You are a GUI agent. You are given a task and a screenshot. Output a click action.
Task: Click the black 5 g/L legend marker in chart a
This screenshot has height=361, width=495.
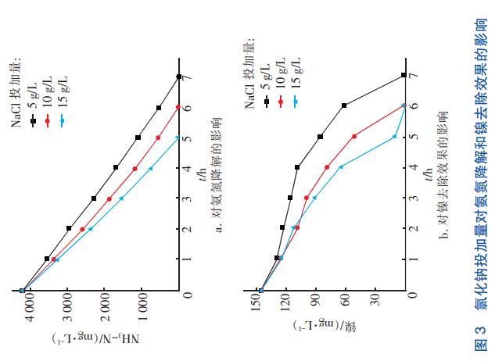(32, 120)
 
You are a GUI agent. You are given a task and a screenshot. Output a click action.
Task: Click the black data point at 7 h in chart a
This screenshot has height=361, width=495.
(179, 77)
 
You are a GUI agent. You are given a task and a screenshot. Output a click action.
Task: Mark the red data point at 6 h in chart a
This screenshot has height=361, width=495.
(178, 107)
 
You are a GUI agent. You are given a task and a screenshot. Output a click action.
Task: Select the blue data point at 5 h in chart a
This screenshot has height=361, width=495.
(178, 138)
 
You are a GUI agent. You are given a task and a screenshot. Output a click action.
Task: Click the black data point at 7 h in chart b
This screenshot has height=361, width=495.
(404, 75)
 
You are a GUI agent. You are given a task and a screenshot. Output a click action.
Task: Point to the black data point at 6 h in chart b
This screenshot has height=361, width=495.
(344, 105)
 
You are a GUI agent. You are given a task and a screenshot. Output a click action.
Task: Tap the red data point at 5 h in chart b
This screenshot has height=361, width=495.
(354, 137)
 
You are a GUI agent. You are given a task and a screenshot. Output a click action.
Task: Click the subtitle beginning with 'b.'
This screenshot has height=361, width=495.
(443, 177)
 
